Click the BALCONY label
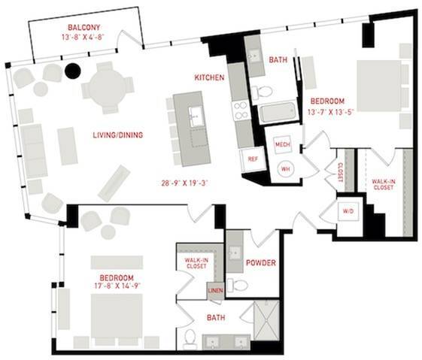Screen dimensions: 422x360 click(x=83, y=27)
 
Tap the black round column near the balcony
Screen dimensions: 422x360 click(x=73, y=71)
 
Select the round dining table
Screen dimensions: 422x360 click(x=108, y=88)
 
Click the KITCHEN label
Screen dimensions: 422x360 click(x=209, y=77)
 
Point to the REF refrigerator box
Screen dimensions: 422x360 click(x=253, y=159)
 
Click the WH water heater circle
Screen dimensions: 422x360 click(x=286, y=169)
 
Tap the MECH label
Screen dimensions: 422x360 click(x=283, y=144)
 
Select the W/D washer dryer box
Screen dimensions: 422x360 click(x=348, y=211)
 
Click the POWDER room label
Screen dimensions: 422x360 click(x=261, y=263)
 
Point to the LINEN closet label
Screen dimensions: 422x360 click(x=216, y=291)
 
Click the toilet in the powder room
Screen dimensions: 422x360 click(x=238, y=286)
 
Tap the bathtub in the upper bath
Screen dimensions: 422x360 click(x=278, y=113)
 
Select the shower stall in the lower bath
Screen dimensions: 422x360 click(x=267, y=320)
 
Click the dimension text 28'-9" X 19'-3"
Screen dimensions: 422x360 click(x=185, y=183)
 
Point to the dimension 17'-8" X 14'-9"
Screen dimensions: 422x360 click(x=118, y=286)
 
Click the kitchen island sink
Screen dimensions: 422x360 click(x=196, y=116)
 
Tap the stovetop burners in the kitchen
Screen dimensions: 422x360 click(x=240, y=111)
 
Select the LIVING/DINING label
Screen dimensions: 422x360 click(x=118, y=135)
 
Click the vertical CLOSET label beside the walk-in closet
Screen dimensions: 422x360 click(x=340, y=172)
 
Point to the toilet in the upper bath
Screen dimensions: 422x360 click(x=262, y=92)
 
